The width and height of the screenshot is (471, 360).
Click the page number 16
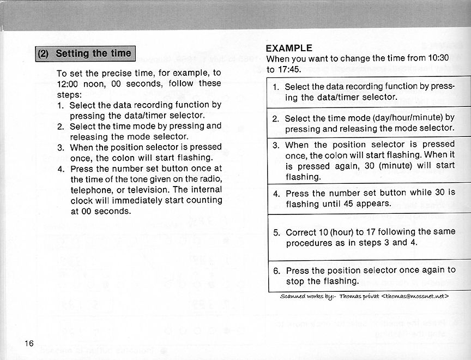29,343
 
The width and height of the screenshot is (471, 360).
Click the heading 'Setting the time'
93,53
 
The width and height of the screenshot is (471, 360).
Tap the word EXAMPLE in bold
289,48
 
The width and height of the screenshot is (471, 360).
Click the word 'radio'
209,179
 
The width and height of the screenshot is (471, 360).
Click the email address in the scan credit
415,296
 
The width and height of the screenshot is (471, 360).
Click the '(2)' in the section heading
44,53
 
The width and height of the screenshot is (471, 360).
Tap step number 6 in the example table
276,271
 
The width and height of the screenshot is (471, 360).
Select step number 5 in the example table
276,232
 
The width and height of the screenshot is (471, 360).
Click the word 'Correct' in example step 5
301,232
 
